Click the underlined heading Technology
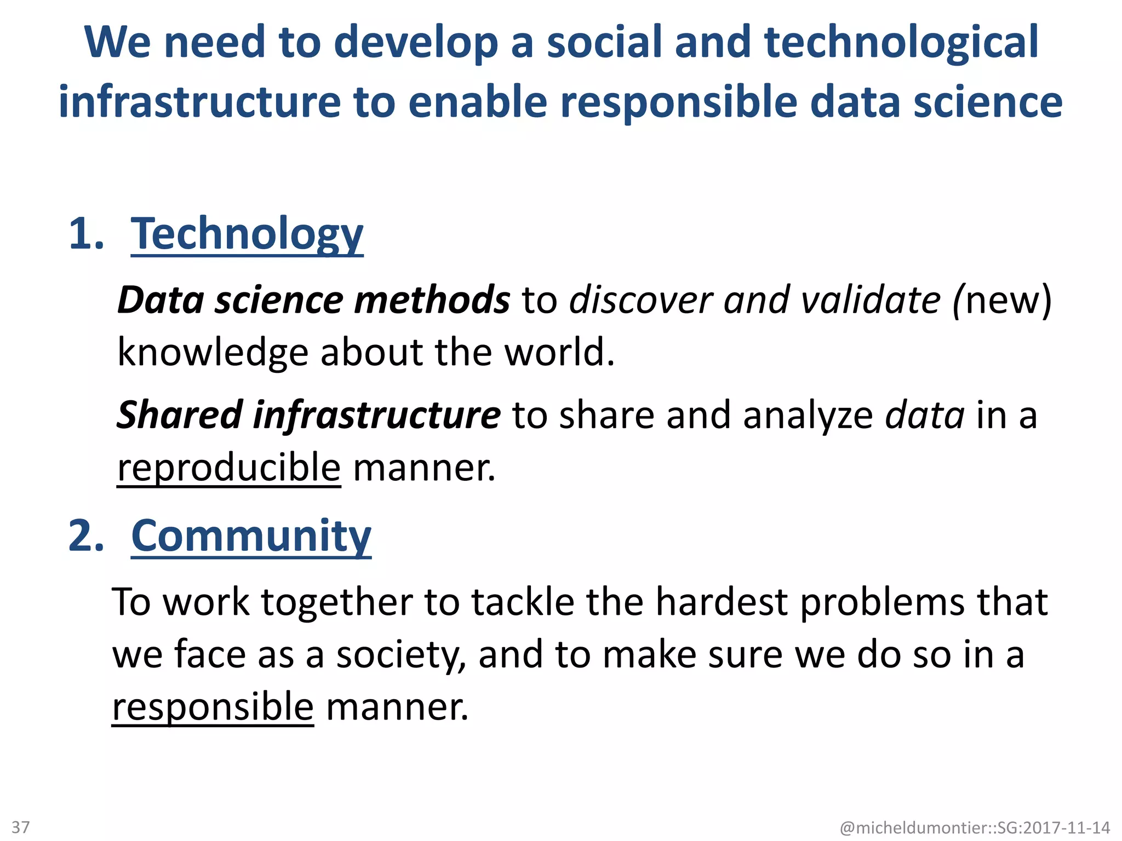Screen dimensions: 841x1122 (x=247, y=234)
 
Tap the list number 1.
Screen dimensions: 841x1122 (x=86, y=234)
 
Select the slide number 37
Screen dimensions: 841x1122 (x=21, y=827)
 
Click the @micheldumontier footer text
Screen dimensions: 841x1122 (x=975, y=827)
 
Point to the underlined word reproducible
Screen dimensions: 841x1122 (x=229, y=467)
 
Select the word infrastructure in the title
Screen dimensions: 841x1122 (x=199, y=102)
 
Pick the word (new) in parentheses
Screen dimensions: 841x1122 (x=1003, y=300)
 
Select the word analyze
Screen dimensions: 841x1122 (x=808, y=414)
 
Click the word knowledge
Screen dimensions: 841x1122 (x=213, y=352)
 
